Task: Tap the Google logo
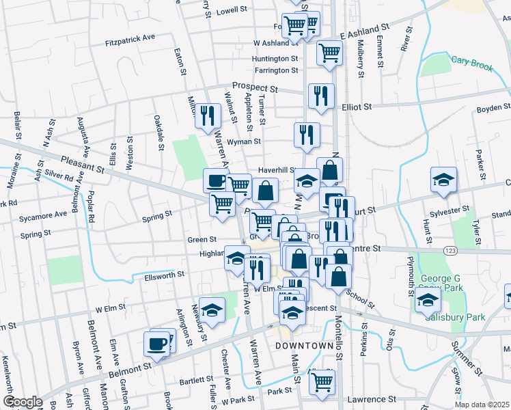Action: pos(23,402)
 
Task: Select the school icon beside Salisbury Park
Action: pos(428,299)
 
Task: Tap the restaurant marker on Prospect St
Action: pos(320,96)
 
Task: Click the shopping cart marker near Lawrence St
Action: pos(322,383)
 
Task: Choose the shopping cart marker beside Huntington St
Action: pos(329,53)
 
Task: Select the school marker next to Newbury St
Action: pos(212,310)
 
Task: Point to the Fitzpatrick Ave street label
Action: pos(130,40)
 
